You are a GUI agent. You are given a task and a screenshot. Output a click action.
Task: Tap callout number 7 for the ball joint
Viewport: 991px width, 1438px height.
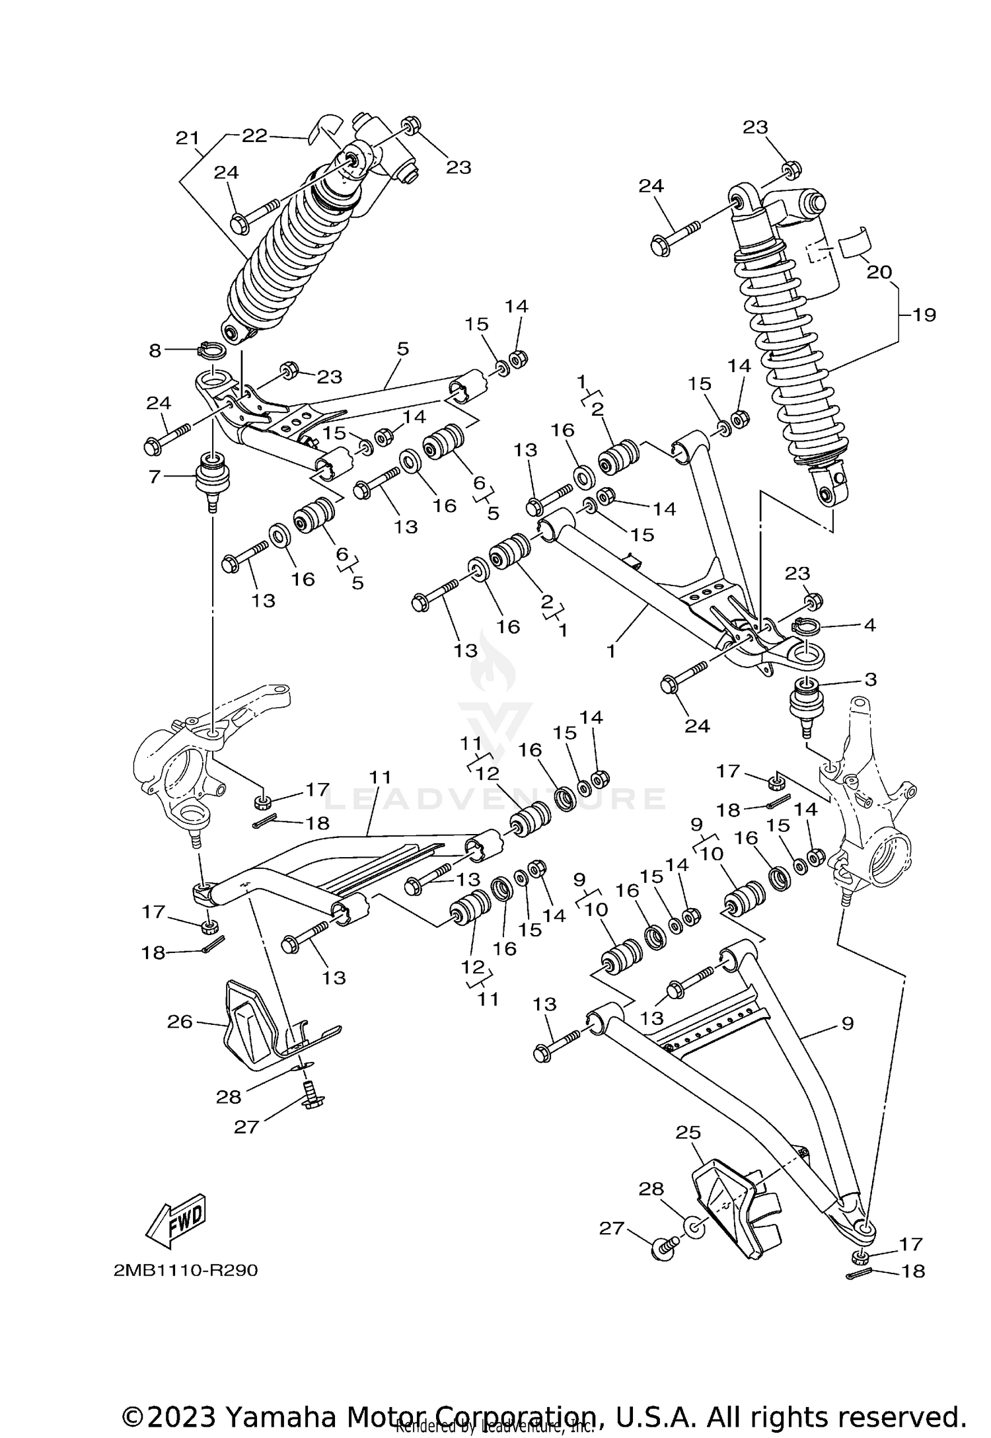155,476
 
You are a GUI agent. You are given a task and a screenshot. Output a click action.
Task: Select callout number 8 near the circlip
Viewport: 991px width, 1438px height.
155,350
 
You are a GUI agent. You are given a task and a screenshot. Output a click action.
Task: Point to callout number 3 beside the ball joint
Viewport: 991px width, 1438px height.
870,679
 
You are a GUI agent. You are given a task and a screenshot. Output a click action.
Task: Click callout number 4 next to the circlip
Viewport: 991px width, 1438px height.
869,624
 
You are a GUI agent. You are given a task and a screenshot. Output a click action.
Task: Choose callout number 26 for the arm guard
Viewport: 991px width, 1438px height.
180,1022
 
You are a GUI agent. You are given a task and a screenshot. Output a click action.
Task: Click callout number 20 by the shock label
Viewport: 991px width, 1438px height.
879,272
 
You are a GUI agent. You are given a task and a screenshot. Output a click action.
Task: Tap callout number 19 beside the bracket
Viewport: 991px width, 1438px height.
924,315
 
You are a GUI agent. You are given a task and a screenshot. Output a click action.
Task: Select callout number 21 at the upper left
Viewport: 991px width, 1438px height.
188,138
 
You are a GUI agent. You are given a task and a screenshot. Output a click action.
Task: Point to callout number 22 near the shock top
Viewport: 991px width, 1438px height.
254,135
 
